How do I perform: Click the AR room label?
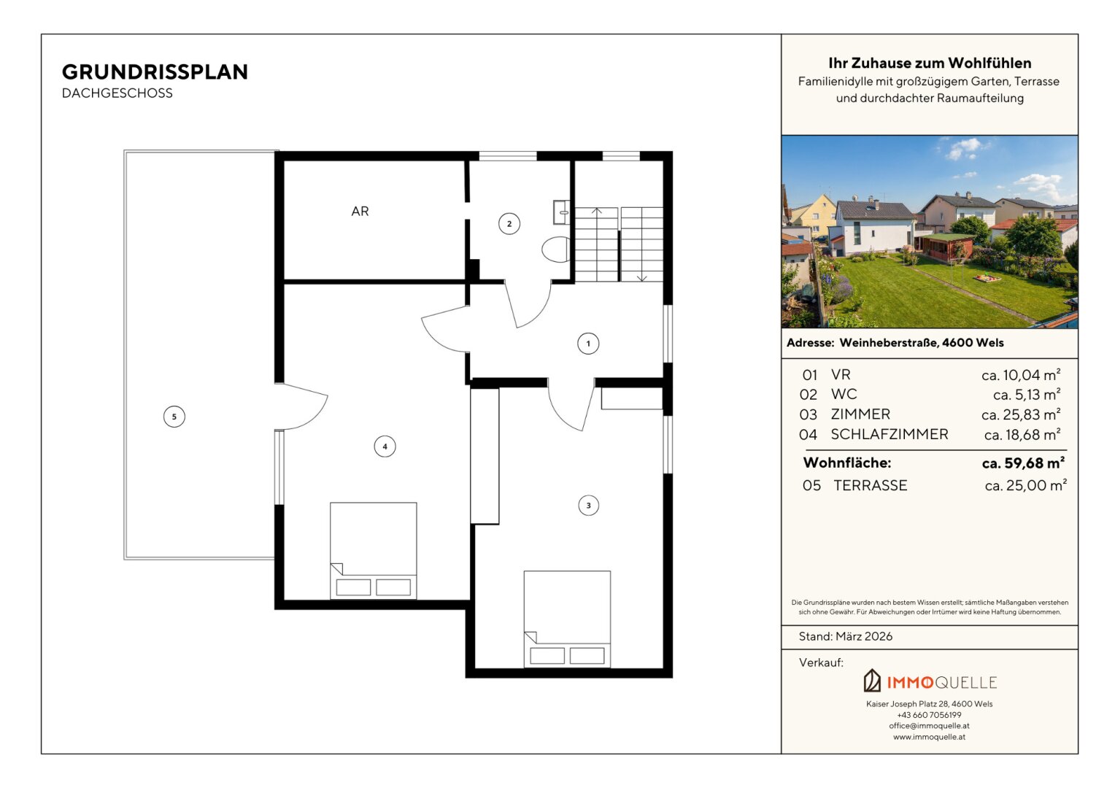pyautogui.click(x=360, y=211)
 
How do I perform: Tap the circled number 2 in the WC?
pyautogui.click(x=509, y=223)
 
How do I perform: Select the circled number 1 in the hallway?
pyautogui.click(x=588, y=344)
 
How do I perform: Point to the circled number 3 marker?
pyautogui.click(x=588, y=505)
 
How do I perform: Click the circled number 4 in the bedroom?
pyautogui.click(x=385, y=447)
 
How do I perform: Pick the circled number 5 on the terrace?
pyautogui.click(x=174, y=417)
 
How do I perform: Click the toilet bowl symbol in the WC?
pyautogui.click(x=555, y=250)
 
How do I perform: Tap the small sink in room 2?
pyautogui.click(x=561, y=212)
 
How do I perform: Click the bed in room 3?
pyautogui.click(x=567, y=619)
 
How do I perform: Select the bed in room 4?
pyautogui.click(x=374, y=551)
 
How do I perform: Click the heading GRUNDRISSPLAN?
pyautogui.click(x=155, y=72)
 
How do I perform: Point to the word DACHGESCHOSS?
pyautogui.click(x=117, y=93)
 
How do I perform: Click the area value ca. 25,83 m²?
pyautogui.click(x=1021, y=414)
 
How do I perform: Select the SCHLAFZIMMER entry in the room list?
pyautogui.click(x=889, y=434)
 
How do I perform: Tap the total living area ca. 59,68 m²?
pyautogui.click(x=1023, y=463)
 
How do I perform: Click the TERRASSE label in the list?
pyautogui.click(x=870, y=485)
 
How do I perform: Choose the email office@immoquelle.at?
pyautogui.click(x=929, y=726)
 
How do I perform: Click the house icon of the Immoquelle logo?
pyautogui.click(x=871, y=681)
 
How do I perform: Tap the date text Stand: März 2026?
pyautogui.click(x=845, y=636)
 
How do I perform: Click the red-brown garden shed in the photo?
pyautogui.click(x=945, y=247)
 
